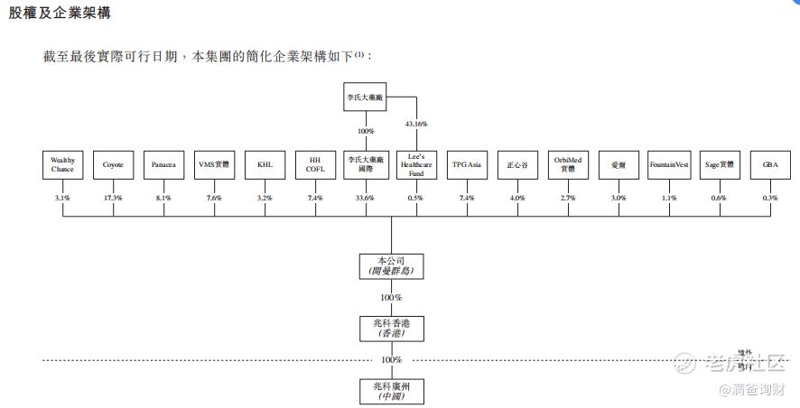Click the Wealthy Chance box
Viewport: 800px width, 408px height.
point(63,165)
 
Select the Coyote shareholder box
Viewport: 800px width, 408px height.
point(113,165)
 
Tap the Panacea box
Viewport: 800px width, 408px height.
point(163,165)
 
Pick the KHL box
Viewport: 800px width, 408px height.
point(265,165)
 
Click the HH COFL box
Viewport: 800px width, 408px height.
point(315,165)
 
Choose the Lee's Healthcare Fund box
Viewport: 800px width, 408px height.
point(416,165)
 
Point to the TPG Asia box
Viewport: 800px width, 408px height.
point(467,165)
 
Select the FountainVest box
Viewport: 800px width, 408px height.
point(669,165)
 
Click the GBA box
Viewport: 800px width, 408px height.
point(770,165)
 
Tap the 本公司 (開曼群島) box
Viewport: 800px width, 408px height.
point(391,265)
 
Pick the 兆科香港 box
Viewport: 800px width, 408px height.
point(391,328)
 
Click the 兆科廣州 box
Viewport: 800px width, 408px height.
point(391,390)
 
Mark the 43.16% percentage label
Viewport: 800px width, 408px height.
point(416,124)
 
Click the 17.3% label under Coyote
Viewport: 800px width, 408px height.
point(113,198)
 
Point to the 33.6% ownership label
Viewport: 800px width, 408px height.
point(365,198)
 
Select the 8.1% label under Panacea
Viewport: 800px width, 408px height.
point(163,198)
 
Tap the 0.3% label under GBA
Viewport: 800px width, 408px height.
point(770,198)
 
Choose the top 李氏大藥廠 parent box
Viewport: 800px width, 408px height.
point(365,96)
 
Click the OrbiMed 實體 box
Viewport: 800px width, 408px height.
point(568,165)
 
